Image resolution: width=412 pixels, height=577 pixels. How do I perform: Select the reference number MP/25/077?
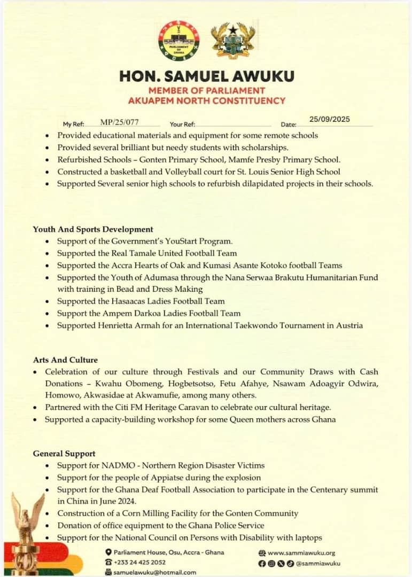pos(123,123)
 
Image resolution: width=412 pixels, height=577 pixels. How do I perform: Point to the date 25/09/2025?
pos(330,119)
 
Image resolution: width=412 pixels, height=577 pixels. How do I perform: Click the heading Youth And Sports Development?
pos(93,229)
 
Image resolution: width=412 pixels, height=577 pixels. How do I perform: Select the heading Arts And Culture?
pos(65,360)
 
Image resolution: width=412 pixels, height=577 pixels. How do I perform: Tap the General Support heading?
pos(64,454)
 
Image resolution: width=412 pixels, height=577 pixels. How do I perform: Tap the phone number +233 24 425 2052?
pos(139,562)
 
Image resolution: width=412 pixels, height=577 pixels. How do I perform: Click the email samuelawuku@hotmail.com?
pos(155,572)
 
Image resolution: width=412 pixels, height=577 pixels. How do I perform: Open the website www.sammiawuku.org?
pos(301,553)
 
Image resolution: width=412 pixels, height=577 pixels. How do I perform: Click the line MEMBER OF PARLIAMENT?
pos(206,90)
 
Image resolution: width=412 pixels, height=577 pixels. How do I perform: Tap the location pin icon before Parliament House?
pos(108,552)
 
